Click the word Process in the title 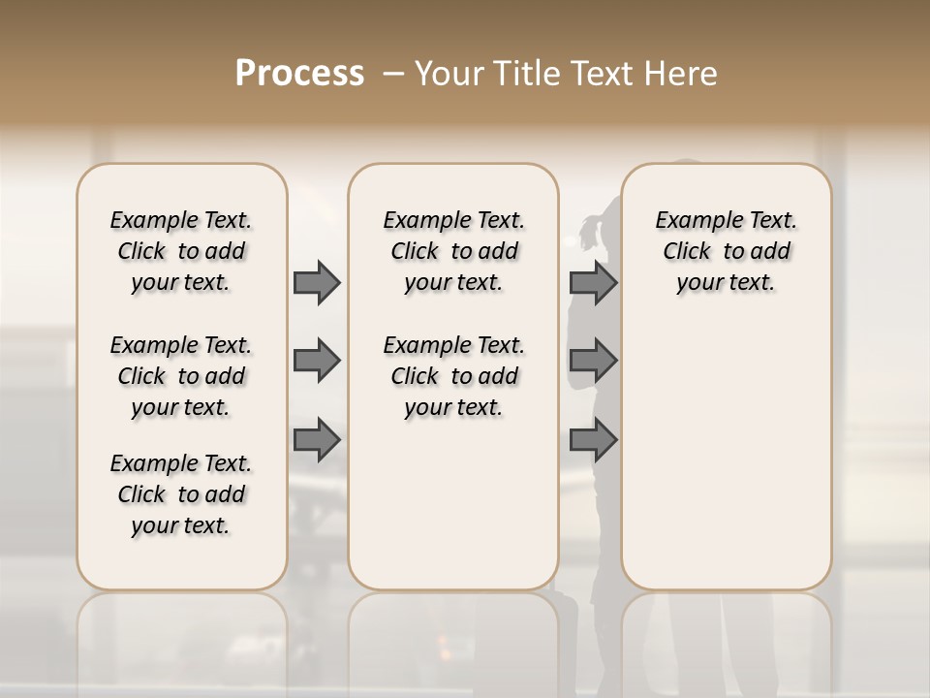[x=298, y=74]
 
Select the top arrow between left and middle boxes [x=317, y=282]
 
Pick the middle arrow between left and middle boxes [x=317, y=362]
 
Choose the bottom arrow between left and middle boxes [x=317, y=440]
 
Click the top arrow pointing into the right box [x=593, y=282]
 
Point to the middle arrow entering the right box [x=593, y=362]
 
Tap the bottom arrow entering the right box [x=593, y=440]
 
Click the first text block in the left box [x=181, y=251]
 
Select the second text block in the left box [x=181, y=376]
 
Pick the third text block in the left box [x=181, y=494]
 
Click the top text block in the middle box [x=453, y=251]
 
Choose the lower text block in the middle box [x=453, y=376]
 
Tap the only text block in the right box [x=726, y=251]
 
